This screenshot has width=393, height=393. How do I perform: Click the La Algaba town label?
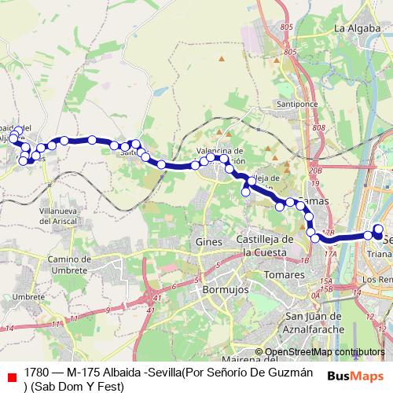pyautogui.click(x=352, y=28)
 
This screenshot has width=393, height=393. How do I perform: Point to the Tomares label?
pyautogui.click(x=285, y=275)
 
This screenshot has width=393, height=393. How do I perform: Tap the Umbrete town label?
pyautogui.click(x=29, y=296)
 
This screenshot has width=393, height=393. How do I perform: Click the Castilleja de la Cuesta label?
pyautogui.click(x=265, y=244)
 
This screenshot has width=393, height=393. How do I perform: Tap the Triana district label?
pyautogui.click(x=379, y=255)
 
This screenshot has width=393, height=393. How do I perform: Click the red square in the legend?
pyautogui.click(x=10, y=376)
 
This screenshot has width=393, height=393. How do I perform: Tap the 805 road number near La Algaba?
pyautogui.click(x=285, y=28)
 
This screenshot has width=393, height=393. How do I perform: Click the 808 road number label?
pyautogui.click(x=318, y=129)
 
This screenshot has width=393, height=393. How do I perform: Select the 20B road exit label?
pyautogui.click(x=316, y=170)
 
